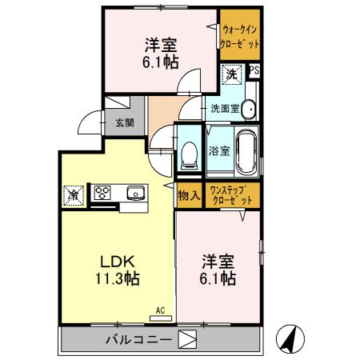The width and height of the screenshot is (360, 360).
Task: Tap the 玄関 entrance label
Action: (124, 123)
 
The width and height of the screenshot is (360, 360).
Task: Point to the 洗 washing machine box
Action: (230, 74)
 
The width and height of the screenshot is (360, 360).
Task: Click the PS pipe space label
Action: (254, 70)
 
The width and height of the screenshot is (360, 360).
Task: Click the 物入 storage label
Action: (190, 194)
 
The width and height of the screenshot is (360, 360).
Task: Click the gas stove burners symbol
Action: (103, 192)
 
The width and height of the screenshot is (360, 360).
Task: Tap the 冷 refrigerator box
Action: (73, 193)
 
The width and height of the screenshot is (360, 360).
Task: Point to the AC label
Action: (159, 309)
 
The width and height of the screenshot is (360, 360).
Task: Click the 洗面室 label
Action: (225, 107)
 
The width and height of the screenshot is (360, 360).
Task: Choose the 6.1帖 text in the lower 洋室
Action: (218, 278)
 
